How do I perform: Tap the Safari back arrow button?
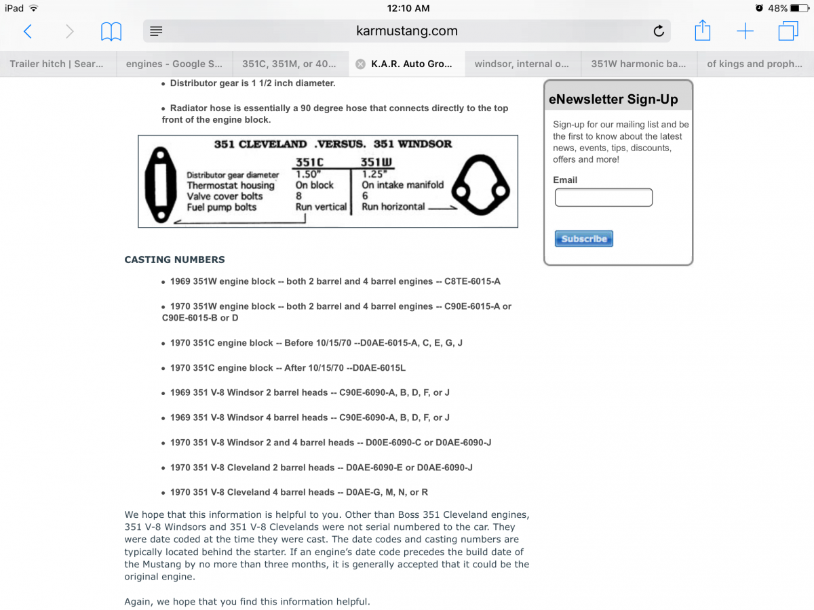[28, 31]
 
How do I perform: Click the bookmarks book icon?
[111, 31]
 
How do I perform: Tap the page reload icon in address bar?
[658, 31]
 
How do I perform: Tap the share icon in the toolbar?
[702, 30]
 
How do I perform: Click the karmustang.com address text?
[406, 31]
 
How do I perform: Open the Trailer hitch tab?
[57, 64]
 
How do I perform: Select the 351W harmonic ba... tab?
[638, 64]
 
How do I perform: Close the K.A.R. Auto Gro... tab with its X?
[360, 64]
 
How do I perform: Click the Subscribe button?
[583, 239]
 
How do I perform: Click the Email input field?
[603, 197]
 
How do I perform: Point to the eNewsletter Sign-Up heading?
[613, 100]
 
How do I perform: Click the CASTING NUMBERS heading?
[174, 260]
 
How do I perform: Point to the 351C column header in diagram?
[309, 163]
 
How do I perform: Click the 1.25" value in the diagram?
[373, 174]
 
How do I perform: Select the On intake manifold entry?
[402, 184]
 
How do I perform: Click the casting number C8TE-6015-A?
[472, 281]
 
